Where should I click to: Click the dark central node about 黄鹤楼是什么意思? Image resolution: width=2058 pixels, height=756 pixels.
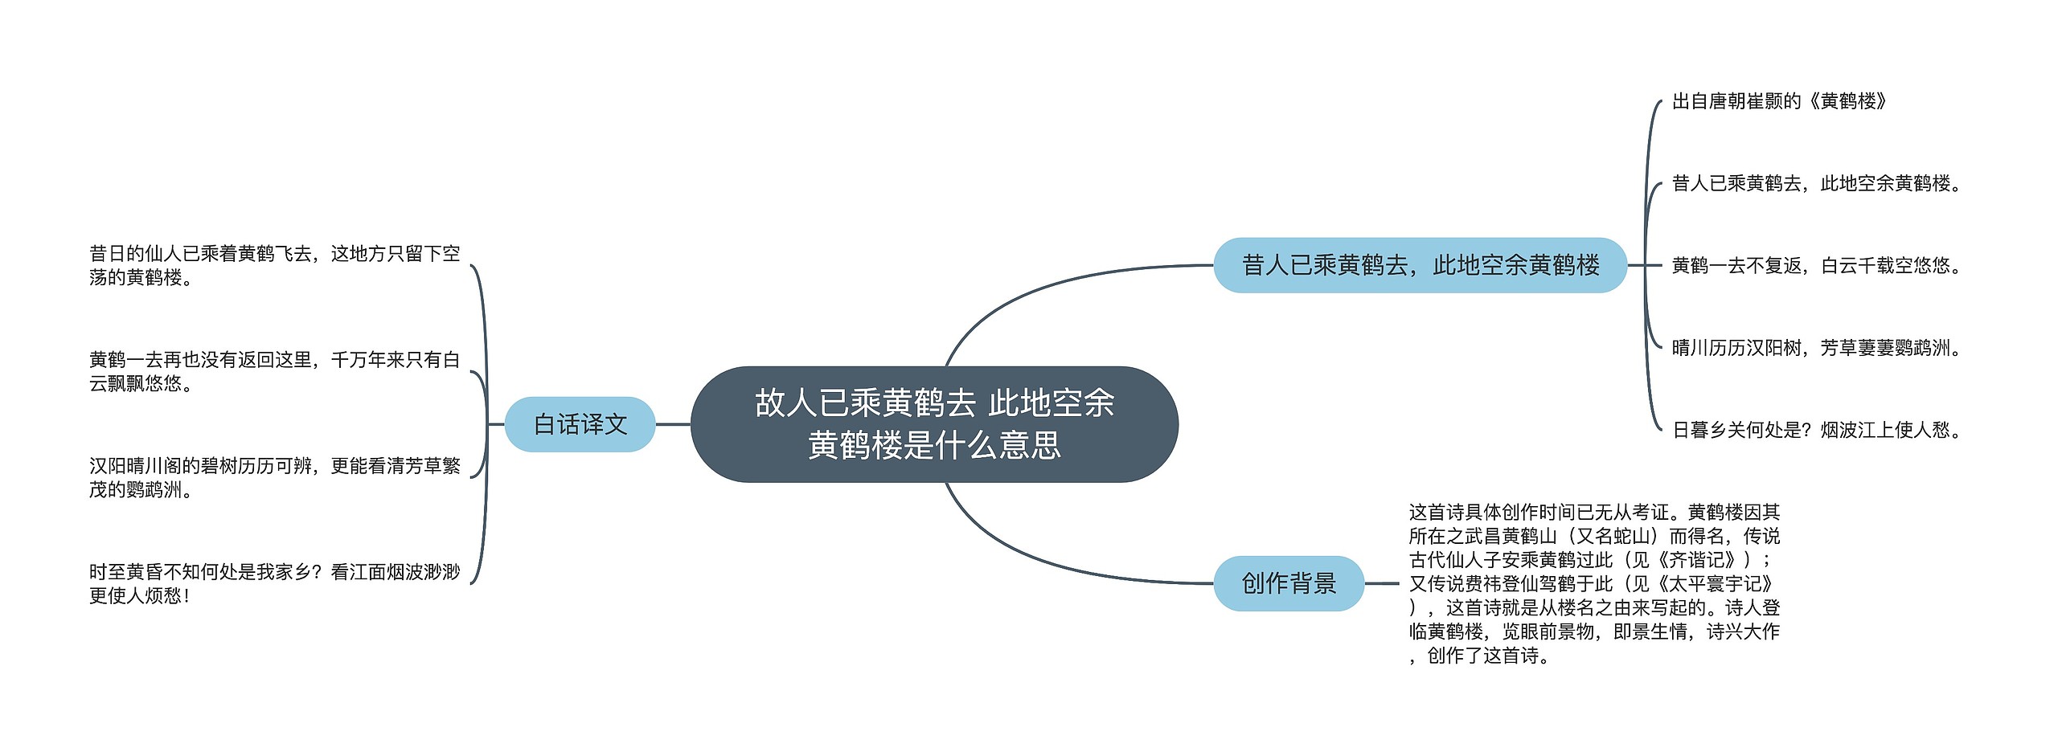(934, 424)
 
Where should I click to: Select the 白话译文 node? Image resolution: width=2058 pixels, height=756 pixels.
(580, 424)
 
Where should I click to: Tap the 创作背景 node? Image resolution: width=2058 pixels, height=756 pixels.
(1288, 583)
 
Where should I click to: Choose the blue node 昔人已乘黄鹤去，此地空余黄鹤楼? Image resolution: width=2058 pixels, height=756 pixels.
(1421, 265)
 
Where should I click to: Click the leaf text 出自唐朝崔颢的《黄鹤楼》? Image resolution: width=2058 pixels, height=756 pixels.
(1779, 101)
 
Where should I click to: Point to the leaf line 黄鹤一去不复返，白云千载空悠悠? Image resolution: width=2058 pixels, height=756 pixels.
(1816, 266)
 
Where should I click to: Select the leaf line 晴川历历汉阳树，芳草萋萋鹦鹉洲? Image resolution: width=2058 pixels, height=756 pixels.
(1816, 348)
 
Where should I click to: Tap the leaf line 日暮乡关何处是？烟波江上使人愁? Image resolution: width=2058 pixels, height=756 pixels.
(1816, 430)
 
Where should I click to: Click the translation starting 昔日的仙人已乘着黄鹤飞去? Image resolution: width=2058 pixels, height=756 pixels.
(274, 266)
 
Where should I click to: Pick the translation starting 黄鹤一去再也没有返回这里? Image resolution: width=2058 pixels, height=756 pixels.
(274, 371)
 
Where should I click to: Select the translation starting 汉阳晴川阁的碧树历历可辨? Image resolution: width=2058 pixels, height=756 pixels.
(274, 477)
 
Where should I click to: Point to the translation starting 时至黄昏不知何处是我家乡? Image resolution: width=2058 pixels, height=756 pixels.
(274, 583)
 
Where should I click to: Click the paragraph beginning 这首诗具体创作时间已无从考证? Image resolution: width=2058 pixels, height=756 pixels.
(1594, 583)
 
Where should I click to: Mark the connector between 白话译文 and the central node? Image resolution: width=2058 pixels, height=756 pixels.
(673, 424)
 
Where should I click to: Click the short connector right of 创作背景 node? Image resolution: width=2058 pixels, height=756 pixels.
(1382, 583)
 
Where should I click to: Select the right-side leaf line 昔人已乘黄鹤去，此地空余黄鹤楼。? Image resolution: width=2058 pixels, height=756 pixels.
(1816, 184)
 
